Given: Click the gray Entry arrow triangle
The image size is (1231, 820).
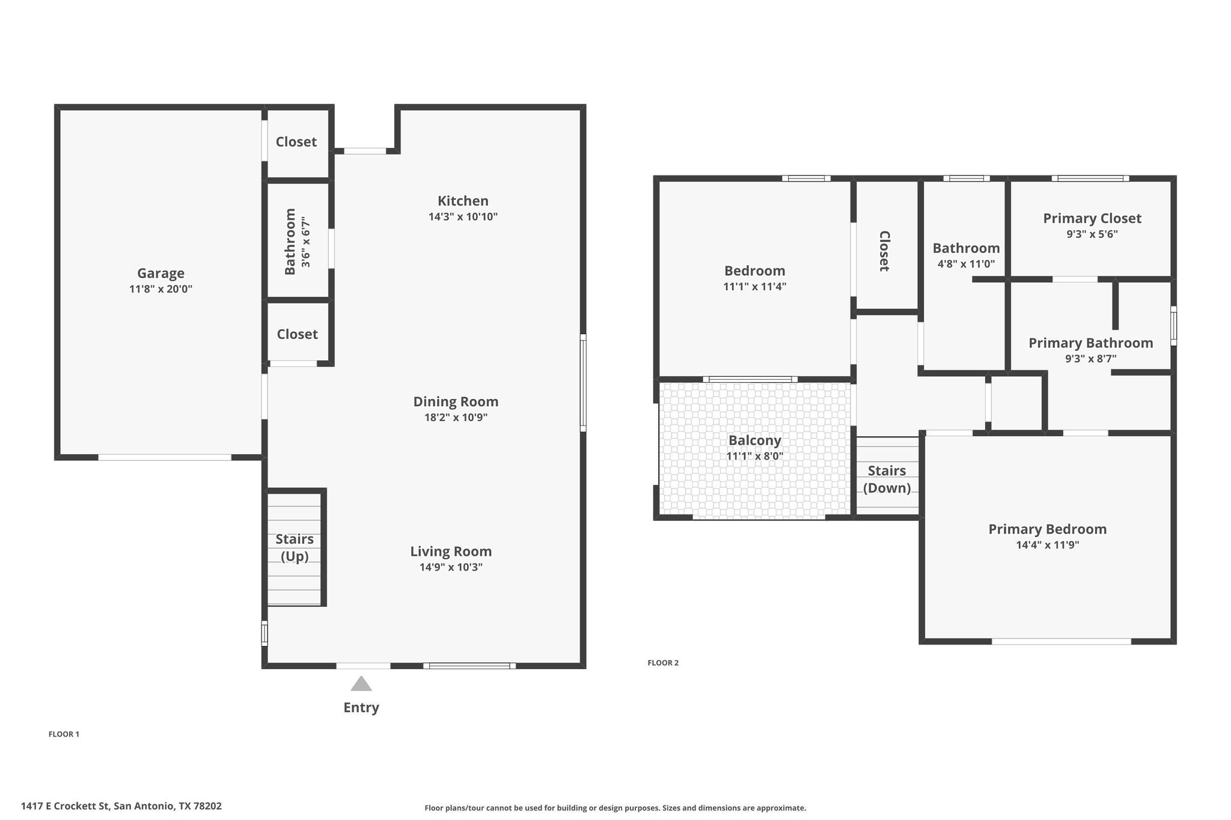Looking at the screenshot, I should click(361, 684).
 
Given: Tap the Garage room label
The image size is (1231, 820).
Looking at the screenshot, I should click(160, 273).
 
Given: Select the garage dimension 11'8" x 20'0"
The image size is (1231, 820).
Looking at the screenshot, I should click(160, 289).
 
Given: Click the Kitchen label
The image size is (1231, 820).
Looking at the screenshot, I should click(463, 201).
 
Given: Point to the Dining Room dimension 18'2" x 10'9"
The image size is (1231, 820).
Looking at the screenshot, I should click(456, 418).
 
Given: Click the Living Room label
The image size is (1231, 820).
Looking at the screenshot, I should click(451, 551).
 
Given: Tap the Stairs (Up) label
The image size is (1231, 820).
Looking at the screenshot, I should click(295, 547).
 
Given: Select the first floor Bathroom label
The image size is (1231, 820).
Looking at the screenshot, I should click(290, 241).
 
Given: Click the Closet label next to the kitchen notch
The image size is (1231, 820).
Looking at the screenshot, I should click(296, 142).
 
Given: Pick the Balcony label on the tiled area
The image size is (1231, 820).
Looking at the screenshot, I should click(754, 440).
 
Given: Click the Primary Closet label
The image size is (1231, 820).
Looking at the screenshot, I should click(1092, 219).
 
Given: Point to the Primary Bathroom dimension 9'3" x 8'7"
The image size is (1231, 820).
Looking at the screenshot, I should click(1090, 359).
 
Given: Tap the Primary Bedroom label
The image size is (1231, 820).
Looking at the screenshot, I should click(1047, 529).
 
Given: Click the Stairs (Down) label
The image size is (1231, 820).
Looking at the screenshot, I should click(887, 479).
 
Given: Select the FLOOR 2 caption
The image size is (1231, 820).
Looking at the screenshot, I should click(662, 663).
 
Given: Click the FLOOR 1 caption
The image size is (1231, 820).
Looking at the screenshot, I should click(64, 734).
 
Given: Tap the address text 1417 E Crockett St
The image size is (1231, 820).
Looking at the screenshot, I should click(66, 806).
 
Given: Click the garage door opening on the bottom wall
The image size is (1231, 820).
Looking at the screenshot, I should click(165, 458).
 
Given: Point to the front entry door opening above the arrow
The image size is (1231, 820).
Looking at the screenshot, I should click(363, 666).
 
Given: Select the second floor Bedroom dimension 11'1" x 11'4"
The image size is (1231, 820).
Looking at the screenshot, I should click(754, 287).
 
